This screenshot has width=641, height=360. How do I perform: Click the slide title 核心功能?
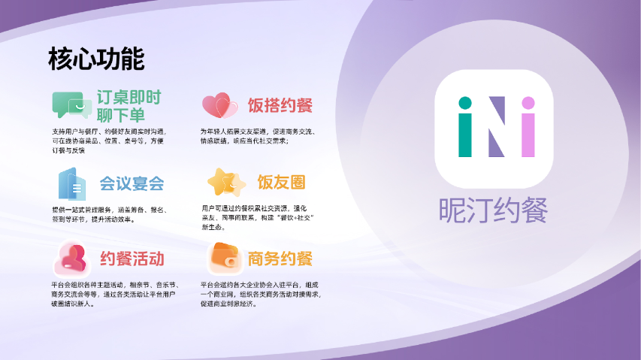coord(95,59)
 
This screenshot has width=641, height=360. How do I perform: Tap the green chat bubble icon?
coord(72,105)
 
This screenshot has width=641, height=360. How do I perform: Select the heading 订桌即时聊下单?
coord(129,106)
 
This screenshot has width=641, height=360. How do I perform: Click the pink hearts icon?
coord(219,105)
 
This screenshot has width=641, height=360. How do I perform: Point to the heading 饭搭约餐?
coord(280,105)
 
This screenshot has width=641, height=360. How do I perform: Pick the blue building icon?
coord(71,183)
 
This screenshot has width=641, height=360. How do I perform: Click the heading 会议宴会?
coord(132,183)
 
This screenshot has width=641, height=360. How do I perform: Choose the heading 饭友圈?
coord(281,183)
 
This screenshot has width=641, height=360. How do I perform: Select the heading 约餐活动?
coord(132,259)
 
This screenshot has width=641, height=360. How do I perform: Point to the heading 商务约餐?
coord(280,259)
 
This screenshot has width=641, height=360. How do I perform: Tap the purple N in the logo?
coord(497,135)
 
